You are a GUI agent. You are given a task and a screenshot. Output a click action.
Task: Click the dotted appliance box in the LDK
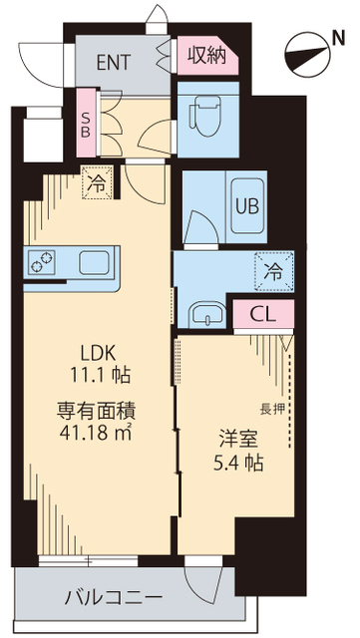point(97,183)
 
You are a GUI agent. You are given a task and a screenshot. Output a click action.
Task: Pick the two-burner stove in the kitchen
point(43,264)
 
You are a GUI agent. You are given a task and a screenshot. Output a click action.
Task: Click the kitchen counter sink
point(98,264)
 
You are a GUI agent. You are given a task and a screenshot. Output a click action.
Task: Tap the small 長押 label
point(270,408)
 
